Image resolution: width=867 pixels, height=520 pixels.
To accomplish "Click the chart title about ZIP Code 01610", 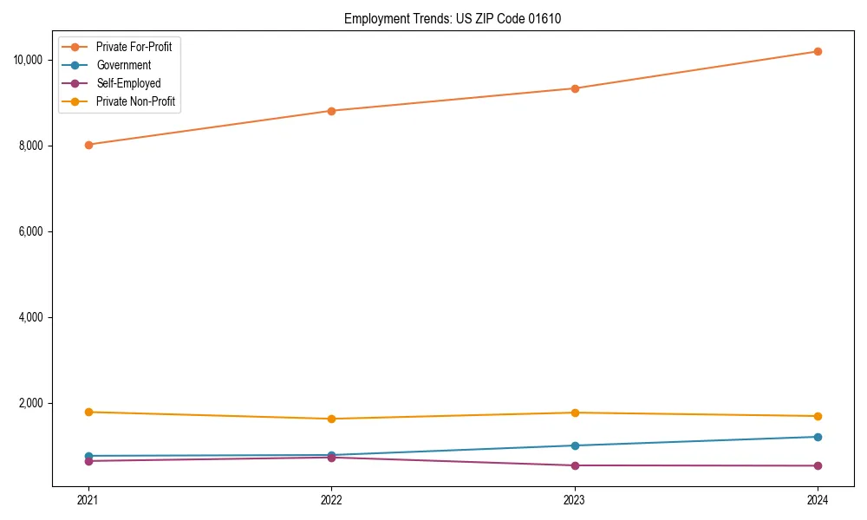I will (x=453, y=18).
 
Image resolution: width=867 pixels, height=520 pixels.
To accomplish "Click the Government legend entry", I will (x=123, y=65).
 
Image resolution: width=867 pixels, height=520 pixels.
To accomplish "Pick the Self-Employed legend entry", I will (x=128, y=83).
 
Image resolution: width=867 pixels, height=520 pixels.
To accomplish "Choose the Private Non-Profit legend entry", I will (x=135, y=101).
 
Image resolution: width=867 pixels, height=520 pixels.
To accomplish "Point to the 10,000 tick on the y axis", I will (x=29, y=60).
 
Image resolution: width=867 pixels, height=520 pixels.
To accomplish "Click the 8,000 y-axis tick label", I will (x=32, y=146).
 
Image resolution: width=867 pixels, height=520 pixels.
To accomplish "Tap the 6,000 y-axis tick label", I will (x=32, y=231).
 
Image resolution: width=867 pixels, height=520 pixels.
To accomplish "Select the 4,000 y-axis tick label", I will (x=32, y=317).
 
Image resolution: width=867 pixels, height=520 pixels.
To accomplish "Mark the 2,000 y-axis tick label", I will (x=32, y=403).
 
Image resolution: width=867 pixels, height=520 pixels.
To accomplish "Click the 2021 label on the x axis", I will (x=88, y=499).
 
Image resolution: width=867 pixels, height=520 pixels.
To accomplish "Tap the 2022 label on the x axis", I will (x=331, y=499).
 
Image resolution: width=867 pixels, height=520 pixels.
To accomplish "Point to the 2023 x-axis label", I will (x=574, y=499).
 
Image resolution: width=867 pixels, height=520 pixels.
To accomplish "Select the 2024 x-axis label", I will (x=818, y=499).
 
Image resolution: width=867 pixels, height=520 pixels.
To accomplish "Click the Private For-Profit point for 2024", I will (x=818, y=51).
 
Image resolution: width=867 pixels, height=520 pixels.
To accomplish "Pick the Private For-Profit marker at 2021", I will (x=88, y=145).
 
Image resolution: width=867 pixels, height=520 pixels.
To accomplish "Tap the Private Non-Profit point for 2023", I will (x=574, y=413).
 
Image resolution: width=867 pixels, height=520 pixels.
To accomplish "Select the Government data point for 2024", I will (x=818, y=437).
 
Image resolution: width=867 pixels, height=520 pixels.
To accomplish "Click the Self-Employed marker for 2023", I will (x=574, y=465).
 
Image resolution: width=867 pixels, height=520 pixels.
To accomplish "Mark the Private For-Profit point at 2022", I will (x=331, y=111).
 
